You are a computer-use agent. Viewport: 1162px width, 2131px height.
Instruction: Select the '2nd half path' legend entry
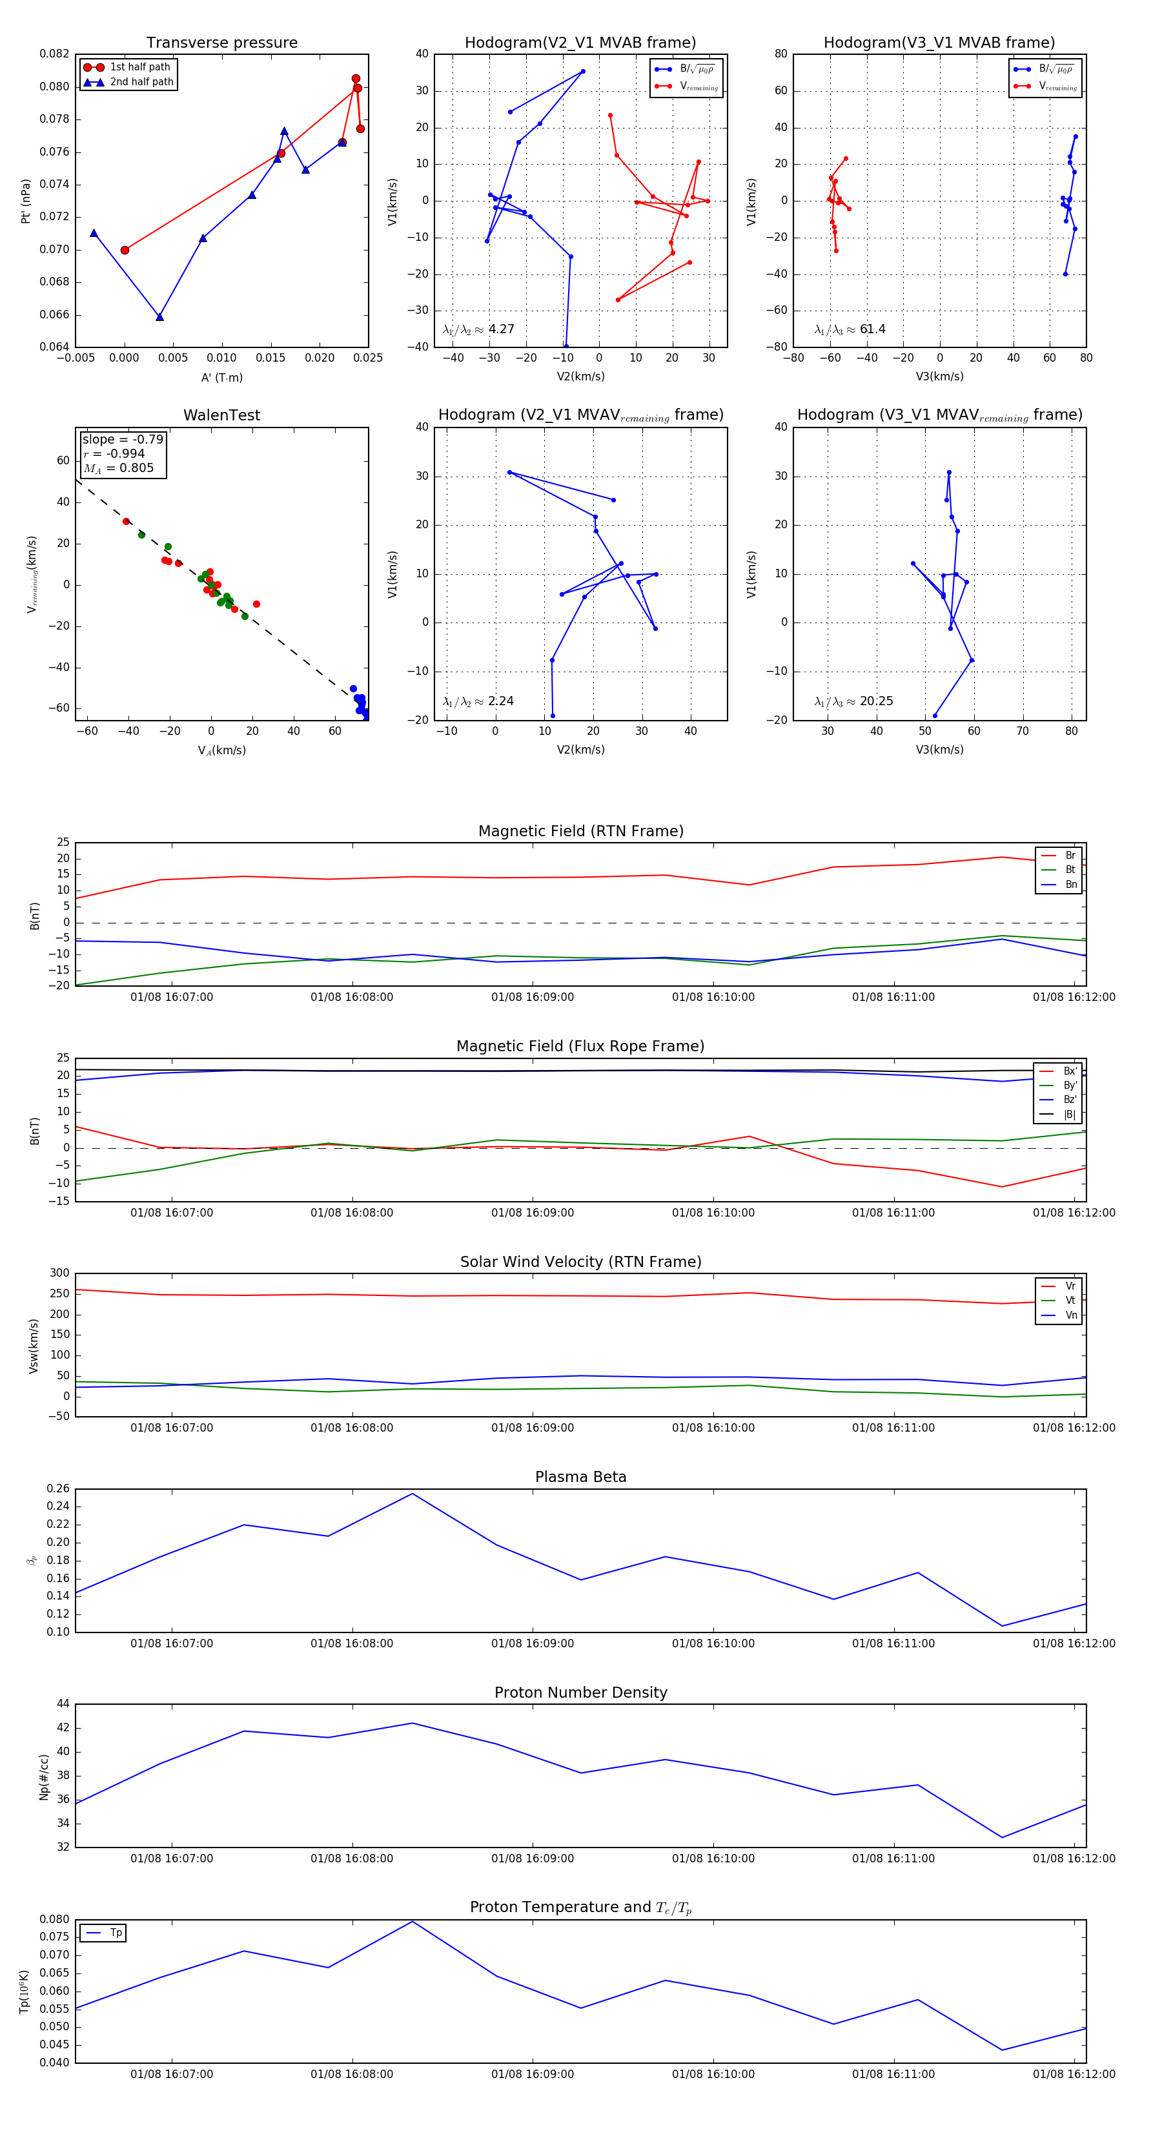pyautogui.click(x=141, y=82)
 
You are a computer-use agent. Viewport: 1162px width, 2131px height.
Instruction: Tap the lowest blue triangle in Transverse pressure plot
pyautogui.click(x=159, y=317)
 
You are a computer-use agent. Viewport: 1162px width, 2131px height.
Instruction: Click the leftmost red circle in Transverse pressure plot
pyautogui.click(x=125, y=250)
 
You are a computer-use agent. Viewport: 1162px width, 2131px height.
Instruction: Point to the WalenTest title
pyautogui.click(x=221, y=415)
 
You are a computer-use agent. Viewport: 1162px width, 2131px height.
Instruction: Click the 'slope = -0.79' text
pyautogui.click(x=123, y=439)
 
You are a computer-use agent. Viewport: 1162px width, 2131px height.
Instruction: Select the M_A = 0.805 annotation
pyautogui.click(x=118, y=468)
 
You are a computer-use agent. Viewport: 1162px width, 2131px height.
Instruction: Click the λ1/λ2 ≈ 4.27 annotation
pyautogui.click(x=479, y=329)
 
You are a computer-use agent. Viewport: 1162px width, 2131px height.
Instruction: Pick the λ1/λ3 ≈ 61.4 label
pyautogui.click(x=850, y=329)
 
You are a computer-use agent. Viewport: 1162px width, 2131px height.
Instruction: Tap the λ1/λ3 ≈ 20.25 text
pyautogui.click(x=853, y=701)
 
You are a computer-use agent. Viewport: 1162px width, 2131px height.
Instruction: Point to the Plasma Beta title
pyautogui.click(x=580, y=1477)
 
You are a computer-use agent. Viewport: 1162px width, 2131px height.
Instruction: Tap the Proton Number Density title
pyautogui.click(x=580, y=1693)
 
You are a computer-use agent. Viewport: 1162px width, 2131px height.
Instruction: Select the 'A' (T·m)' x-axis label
pyautogui.click(x=221, y=377)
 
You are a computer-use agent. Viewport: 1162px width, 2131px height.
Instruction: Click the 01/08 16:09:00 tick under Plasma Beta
pyautogui.click(x=533, y=1643)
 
